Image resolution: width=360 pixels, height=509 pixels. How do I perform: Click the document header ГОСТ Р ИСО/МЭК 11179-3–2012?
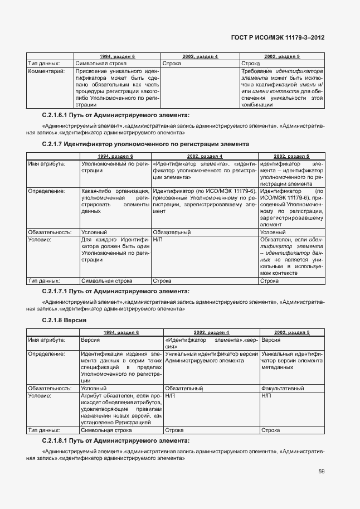(278, 37)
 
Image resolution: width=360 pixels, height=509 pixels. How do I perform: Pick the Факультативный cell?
(281, 387)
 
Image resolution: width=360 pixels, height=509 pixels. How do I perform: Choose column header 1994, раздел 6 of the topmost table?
(117, 57)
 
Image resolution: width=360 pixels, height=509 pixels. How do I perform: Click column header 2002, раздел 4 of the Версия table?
(211, 332)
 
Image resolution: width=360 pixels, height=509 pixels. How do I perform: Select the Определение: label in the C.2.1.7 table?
(45, 191)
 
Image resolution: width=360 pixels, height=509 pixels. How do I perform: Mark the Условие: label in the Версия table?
(40, 395)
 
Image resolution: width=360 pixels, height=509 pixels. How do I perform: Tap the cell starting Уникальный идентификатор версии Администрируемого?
(211, 357)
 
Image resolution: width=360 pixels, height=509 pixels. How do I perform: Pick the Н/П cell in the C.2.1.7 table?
(158, 239)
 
